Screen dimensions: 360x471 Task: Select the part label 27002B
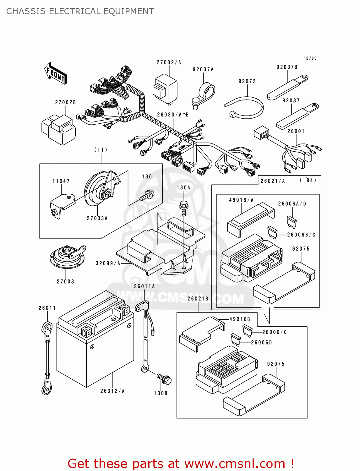click(x=65, y=102)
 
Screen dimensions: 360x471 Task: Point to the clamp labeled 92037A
click(x=203, y=96)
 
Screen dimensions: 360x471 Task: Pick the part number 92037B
click(x=287, y=67)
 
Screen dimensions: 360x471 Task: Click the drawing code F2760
click(x=310, y=58)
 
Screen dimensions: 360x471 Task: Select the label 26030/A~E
click(x=172, y=115)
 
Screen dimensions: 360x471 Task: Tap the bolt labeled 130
click(x=147, y=195)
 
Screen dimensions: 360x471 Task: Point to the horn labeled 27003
click(x=68, y=257)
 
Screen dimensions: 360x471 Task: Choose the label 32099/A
click(x=108, y=263)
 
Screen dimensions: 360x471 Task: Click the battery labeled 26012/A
click(x=95, y=339)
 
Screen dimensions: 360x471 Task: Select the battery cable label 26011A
click(x=144, y=286)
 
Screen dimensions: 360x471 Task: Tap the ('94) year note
click(x=308, y=180)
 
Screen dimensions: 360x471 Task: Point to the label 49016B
click(x=240, y=319)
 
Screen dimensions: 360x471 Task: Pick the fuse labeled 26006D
click(x=236, y=340)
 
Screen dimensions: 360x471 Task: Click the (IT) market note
click(x=101, y=149)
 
